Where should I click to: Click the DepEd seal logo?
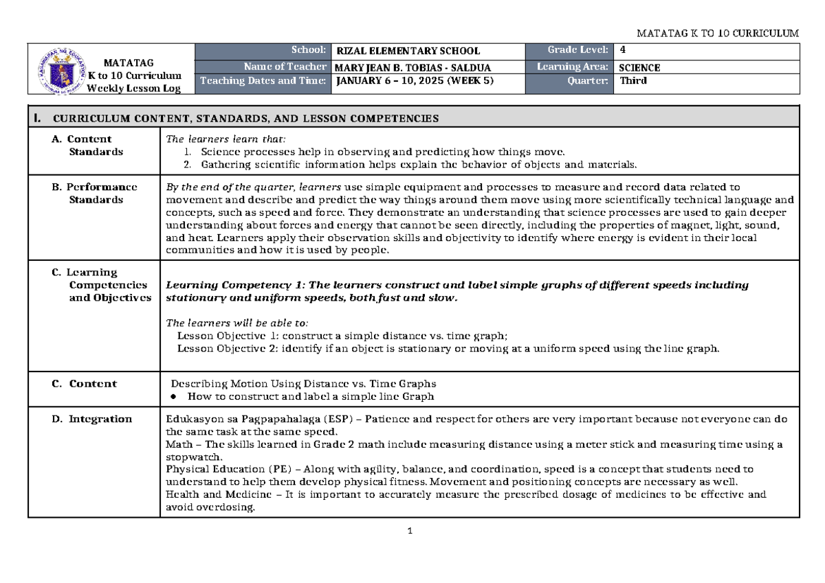(x=60, y=69)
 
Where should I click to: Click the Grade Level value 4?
(x=622, y=50)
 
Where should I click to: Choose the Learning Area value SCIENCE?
(x=639, y=67)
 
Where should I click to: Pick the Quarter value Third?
(x=633, y=81)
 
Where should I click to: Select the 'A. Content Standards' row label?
(x=89, y=145)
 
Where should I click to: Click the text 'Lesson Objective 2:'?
(x=228, y=349)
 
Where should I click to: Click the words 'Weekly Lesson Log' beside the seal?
(x=133, y=89)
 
